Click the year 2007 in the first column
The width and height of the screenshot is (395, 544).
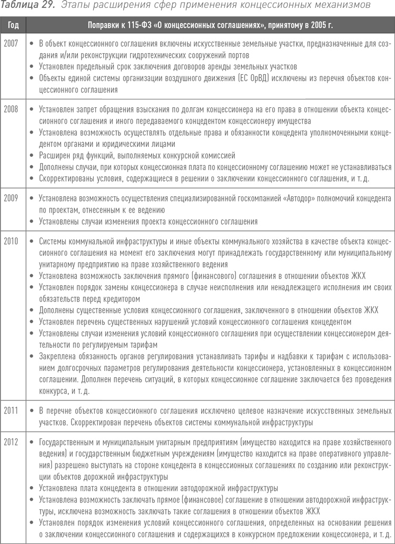11,43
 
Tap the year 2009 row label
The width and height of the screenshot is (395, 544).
11,198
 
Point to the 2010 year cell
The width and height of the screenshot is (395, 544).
11,241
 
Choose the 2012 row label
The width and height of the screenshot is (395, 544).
11,442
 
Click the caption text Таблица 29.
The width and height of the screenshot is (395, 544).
26,6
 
